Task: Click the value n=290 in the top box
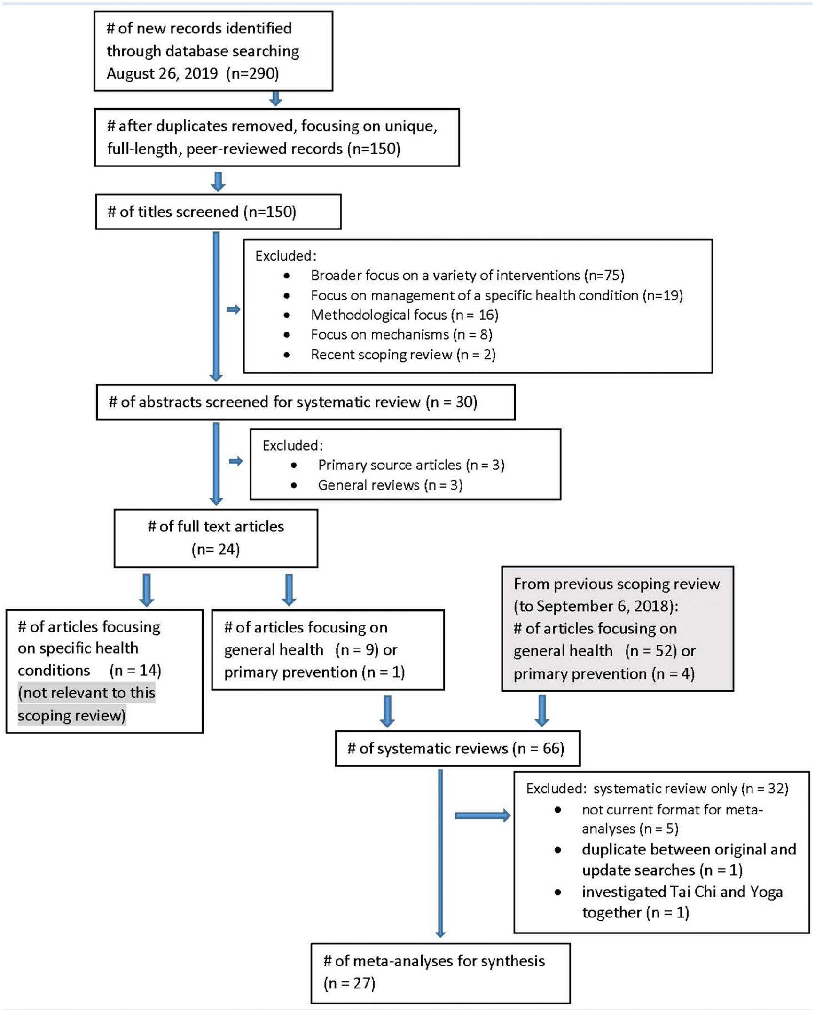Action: (x=252, y=73)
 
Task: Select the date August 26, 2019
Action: (x=162, y=73)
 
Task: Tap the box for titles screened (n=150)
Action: (x=218, y=212)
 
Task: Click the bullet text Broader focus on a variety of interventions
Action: (x=446, y=275)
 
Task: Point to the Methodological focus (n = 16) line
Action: (x=405, y=315)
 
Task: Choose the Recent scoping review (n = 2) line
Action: (x=403, y=354)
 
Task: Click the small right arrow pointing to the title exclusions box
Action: (x=234, y=309)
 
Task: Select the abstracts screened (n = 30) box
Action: (x=306, y=402)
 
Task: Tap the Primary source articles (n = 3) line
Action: (x=411, y=465)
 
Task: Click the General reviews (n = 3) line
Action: (x=391, y=485)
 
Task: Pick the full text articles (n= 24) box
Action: (x=216, y=538)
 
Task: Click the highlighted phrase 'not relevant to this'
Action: (x=86, y=693)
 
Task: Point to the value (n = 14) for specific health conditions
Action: (x=135, y=670)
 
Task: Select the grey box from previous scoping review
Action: (x=618, y=629)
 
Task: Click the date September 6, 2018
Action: (x=603, y=606)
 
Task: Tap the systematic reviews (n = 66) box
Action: (x=458, y=748)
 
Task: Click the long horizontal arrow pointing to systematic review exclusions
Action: (x=483, y=815)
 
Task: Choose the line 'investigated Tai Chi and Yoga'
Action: (x=682, y=892)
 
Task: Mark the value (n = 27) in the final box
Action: (x=349, y=983)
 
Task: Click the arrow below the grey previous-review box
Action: (x=542, y=711)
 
